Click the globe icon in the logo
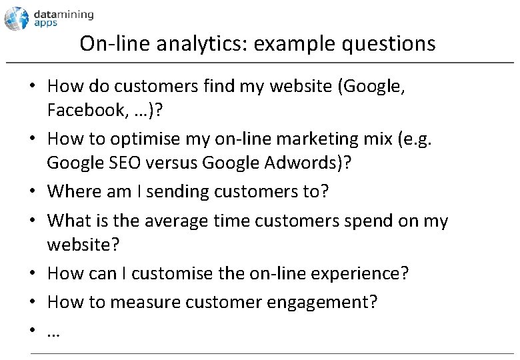[x=17, y=18]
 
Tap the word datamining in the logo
[x=64, y=14]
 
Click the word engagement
[x=322, y=302]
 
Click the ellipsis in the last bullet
[x=53, y=331]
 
